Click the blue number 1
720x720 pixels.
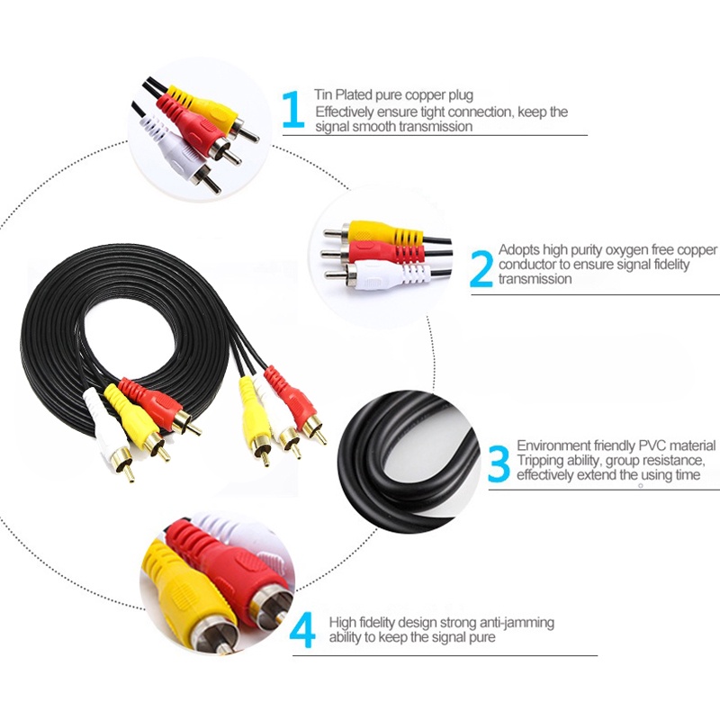pos(292,110)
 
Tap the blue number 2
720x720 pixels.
pos(481,267)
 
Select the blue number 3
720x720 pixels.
pos(499,463)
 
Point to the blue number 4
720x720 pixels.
pos(302,630)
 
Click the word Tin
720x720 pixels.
pos(323,94)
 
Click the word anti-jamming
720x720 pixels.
pos(516,622)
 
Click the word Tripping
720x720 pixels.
pos(539,460)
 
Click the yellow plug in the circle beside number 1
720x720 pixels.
pos(205,106)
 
